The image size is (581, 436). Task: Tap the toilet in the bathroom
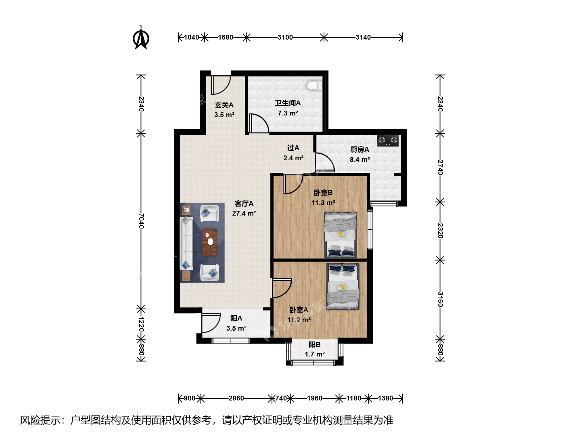coord(314,85)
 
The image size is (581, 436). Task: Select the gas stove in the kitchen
coord(388,140)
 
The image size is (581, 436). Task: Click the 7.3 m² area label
coord(288,113)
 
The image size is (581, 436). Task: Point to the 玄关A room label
coord(224,105)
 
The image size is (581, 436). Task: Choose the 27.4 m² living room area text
coord(244,213)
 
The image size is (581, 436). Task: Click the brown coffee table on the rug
coord(209,242)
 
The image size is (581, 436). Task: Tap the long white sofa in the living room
coord(187,243)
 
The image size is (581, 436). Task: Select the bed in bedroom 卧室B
coord(341,235)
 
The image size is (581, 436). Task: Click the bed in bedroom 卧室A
coord(343,286)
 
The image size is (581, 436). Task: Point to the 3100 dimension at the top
coord(285,37)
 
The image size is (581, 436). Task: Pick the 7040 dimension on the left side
coord(141,221)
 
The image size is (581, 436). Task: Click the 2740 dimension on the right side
coord(440,167)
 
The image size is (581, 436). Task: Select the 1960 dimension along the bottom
coord(314,398)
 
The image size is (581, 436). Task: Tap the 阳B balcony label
coord(314,344)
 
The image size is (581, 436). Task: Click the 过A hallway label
coord(293,148)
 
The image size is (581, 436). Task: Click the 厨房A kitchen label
coord(359,149)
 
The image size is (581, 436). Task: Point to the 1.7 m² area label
coord(314,354)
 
